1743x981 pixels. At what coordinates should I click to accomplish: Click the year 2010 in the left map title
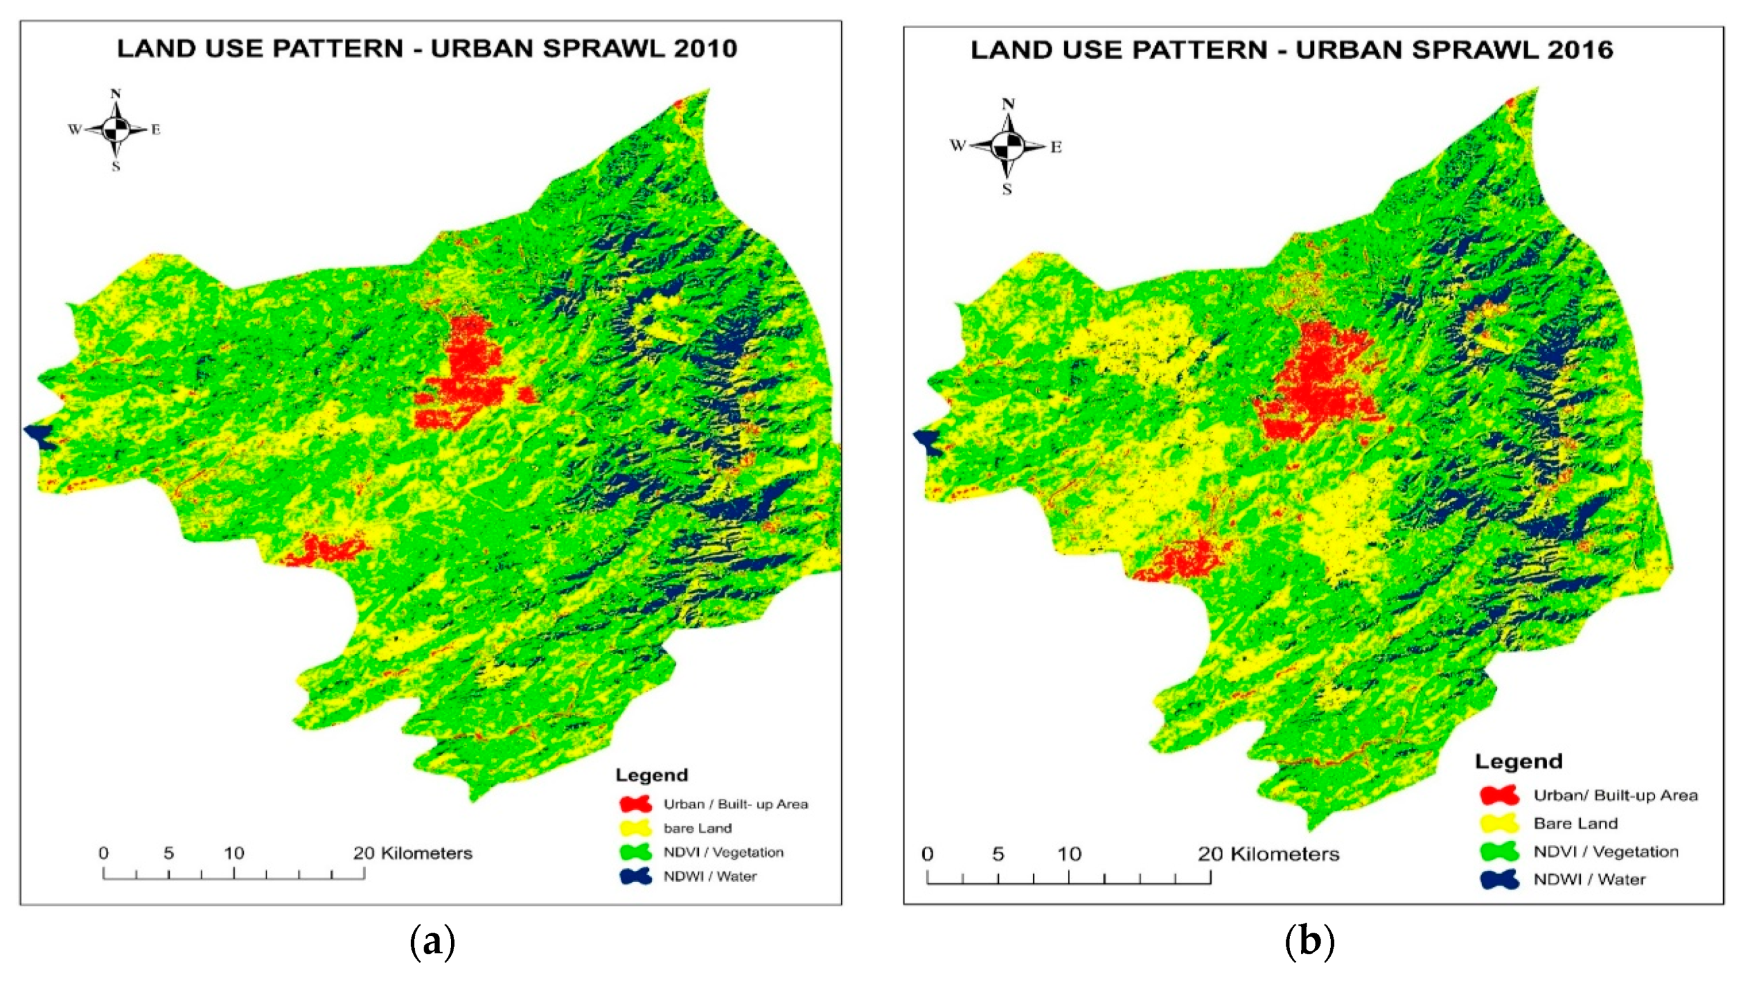[703, 49]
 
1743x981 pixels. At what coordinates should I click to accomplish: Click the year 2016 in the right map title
[1581, 50]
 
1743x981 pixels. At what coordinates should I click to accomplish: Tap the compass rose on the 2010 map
[116, 129]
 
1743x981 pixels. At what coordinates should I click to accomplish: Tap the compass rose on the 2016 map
[1008, 146]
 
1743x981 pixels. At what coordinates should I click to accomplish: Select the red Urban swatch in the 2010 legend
[635, 804]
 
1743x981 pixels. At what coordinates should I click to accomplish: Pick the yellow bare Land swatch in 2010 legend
[635, 828]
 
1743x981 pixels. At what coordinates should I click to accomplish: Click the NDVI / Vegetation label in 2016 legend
[1606, 852]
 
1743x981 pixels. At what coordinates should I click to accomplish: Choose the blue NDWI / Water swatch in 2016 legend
[1499, 879]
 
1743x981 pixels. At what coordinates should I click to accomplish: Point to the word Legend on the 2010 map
[651, 775]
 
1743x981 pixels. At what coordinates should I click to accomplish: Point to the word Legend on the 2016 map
[1518, 761]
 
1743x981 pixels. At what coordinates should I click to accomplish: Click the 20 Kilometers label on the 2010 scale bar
[412, 853]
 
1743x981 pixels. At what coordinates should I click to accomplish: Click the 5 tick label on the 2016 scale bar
[998, 854]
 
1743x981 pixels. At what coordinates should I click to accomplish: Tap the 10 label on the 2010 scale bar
[234, 853]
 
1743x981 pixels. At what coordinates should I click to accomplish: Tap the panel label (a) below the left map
[433, 941]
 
